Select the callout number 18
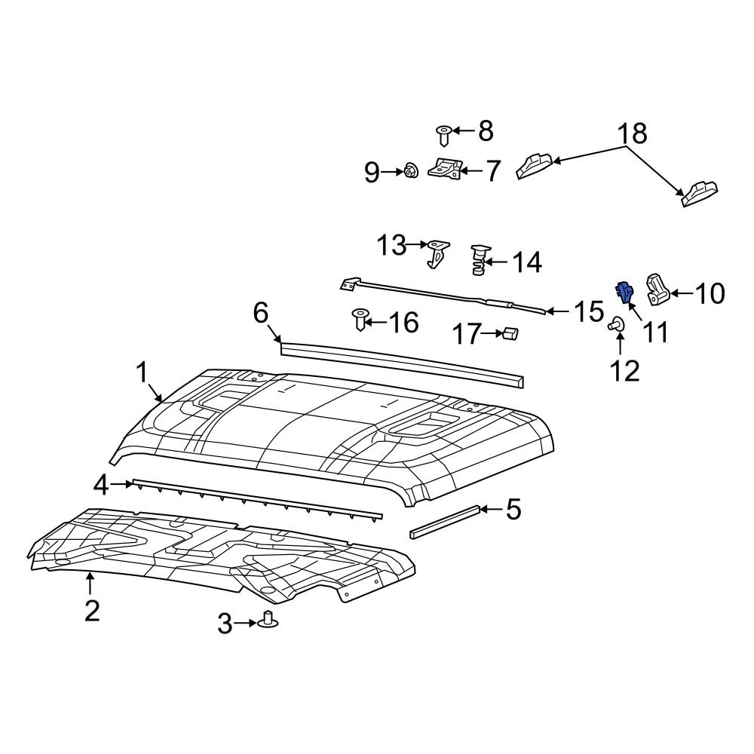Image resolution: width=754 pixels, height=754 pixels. tap(633, 133)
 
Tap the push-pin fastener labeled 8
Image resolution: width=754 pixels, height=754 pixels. tap(445, 136)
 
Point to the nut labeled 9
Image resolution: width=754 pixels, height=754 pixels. tap(411, 172)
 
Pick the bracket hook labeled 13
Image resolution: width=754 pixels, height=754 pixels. tap(437, 252)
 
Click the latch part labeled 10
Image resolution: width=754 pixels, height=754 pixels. tap(656, 290)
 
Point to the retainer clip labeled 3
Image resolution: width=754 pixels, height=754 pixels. tap(268, 621)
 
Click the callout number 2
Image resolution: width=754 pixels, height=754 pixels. tap(91, 610)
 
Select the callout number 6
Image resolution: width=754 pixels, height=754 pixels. tap(260, 312)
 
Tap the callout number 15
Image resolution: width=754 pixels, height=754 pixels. tap(589, 311)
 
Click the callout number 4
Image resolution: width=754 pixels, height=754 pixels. tap(102, 486)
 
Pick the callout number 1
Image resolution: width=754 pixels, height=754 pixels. tap(141, 372)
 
